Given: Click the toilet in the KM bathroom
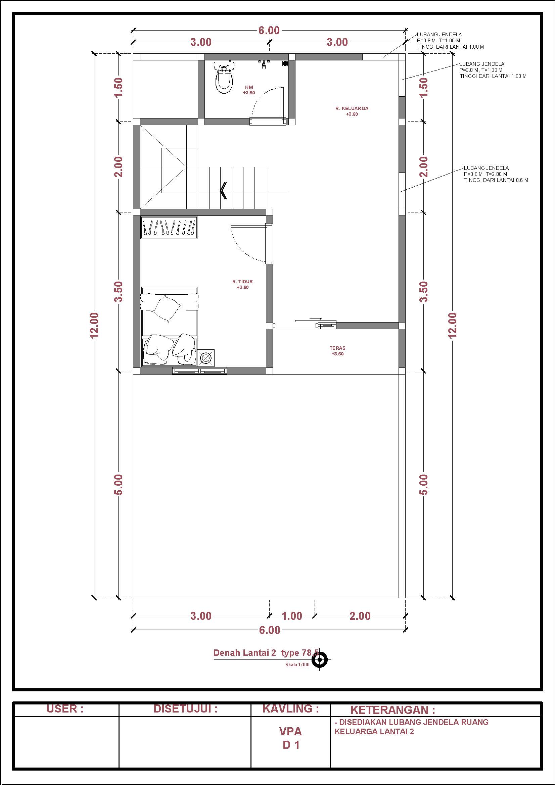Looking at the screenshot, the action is (224, 77).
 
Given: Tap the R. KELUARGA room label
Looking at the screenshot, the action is (352, 108).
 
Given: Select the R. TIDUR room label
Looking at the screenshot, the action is (242, 282).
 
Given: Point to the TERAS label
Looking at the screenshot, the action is (337, 348).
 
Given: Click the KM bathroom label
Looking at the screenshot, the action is (249, 87).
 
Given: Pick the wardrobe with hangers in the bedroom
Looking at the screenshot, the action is (169, 228).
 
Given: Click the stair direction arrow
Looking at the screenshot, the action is (223, 190).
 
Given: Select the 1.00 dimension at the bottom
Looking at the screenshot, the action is (292, 616).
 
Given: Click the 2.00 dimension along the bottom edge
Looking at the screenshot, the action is (360, 616).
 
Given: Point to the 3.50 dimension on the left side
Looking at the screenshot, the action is (118, 292).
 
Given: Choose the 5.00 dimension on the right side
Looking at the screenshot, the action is (424, 485).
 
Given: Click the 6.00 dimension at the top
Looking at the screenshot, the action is (269, 31).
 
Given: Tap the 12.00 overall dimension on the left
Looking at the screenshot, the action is (94, 325).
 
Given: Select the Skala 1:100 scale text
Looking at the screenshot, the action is (297, 665).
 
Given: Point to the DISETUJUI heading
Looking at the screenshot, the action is (185, 709).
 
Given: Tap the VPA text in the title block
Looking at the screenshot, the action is (291, 731).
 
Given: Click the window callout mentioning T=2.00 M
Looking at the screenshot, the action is (496, 174).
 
